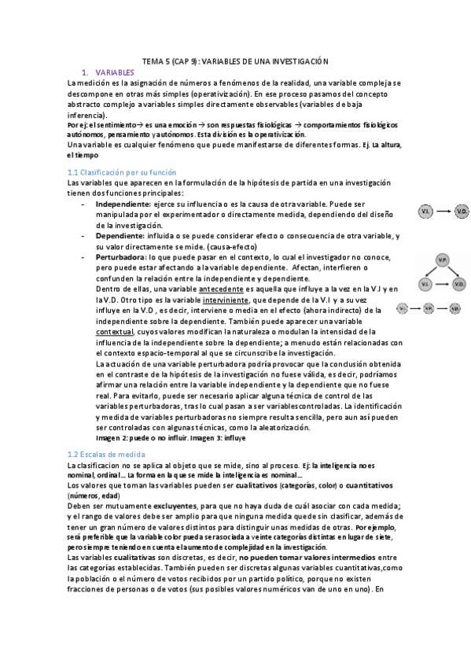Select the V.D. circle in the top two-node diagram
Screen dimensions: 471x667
462,212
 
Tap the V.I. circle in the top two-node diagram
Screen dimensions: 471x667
425,212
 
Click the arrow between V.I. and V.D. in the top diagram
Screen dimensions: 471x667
443,212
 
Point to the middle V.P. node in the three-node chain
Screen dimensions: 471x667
429,309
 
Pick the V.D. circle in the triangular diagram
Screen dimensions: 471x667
462,283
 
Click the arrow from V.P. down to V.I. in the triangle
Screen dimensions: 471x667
432,271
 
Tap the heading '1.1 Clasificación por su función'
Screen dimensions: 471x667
122,172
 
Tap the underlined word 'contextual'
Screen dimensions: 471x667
114,332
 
